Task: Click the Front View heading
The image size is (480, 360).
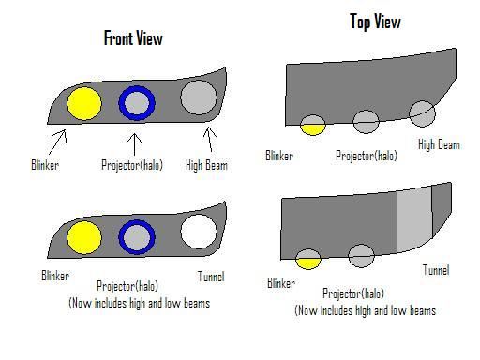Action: pos(132,38)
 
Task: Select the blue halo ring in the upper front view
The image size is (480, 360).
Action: pos(137,102)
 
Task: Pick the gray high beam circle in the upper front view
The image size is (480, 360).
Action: pos(198,97)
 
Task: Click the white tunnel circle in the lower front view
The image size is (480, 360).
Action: pos(198,231)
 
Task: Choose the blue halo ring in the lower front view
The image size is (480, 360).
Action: pos(137,236)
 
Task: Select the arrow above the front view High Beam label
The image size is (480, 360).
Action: pos(210,140)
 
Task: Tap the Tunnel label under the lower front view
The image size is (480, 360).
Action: pos(211,276)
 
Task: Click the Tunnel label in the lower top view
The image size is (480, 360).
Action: pos(435,270)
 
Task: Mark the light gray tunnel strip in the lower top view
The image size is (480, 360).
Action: pos(413,222)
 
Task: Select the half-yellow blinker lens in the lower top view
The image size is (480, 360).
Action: pos(307,259)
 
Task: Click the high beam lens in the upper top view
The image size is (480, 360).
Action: pos(423,114)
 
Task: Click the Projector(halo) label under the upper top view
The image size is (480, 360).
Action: pos(367,155)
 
